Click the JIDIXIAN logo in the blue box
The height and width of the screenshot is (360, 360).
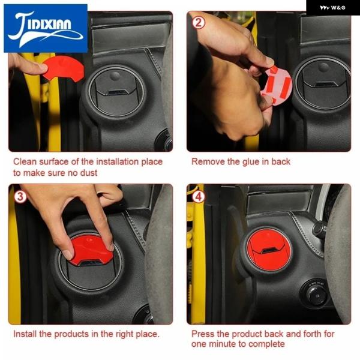46,28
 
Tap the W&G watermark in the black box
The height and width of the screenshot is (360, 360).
332,8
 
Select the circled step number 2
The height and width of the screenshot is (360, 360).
199,23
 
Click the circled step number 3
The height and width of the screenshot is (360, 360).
20,197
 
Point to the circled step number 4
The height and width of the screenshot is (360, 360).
199,197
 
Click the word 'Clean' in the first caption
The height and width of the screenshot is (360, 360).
25,161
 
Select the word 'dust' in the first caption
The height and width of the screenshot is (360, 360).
89,173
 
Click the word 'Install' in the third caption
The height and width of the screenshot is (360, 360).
25,334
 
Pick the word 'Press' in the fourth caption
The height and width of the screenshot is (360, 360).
203,334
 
